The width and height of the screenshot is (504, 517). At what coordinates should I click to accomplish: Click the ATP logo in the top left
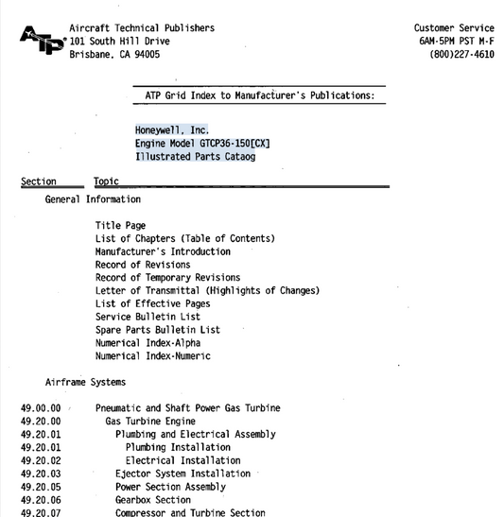click(42, 42)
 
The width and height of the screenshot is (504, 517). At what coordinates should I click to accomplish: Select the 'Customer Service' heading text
click(454, 28)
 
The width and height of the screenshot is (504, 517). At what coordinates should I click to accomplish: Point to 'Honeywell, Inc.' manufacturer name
click(171, 129)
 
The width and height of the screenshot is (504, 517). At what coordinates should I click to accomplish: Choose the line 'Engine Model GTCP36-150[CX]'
click(202, 143)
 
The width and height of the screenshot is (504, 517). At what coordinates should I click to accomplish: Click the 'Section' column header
click(39, 181)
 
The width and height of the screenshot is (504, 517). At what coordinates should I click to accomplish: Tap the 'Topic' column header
click(106, 181)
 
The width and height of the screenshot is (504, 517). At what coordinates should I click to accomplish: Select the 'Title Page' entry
click(120, 226)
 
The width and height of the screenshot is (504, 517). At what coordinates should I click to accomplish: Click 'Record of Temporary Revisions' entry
click(167, 278)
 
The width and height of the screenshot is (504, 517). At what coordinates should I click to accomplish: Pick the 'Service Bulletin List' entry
click(148, 317)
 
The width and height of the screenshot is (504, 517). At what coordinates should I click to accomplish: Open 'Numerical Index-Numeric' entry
click(152, 356)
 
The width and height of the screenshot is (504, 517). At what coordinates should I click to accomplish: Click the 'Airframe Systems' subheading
click(85, 383)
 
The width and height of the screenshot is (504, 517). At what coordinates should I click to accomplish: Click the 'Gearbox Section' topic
click(152, 500)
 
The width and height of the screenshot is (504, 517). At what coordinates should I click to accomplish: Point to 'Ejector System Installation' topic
click(183, 474)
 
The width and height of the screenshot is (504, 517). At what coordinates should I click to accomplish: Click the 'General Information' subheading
click(93, 199)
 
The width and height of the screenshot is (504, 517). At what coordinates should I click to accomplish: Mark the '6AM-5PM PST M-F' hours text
click(456, 42)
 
